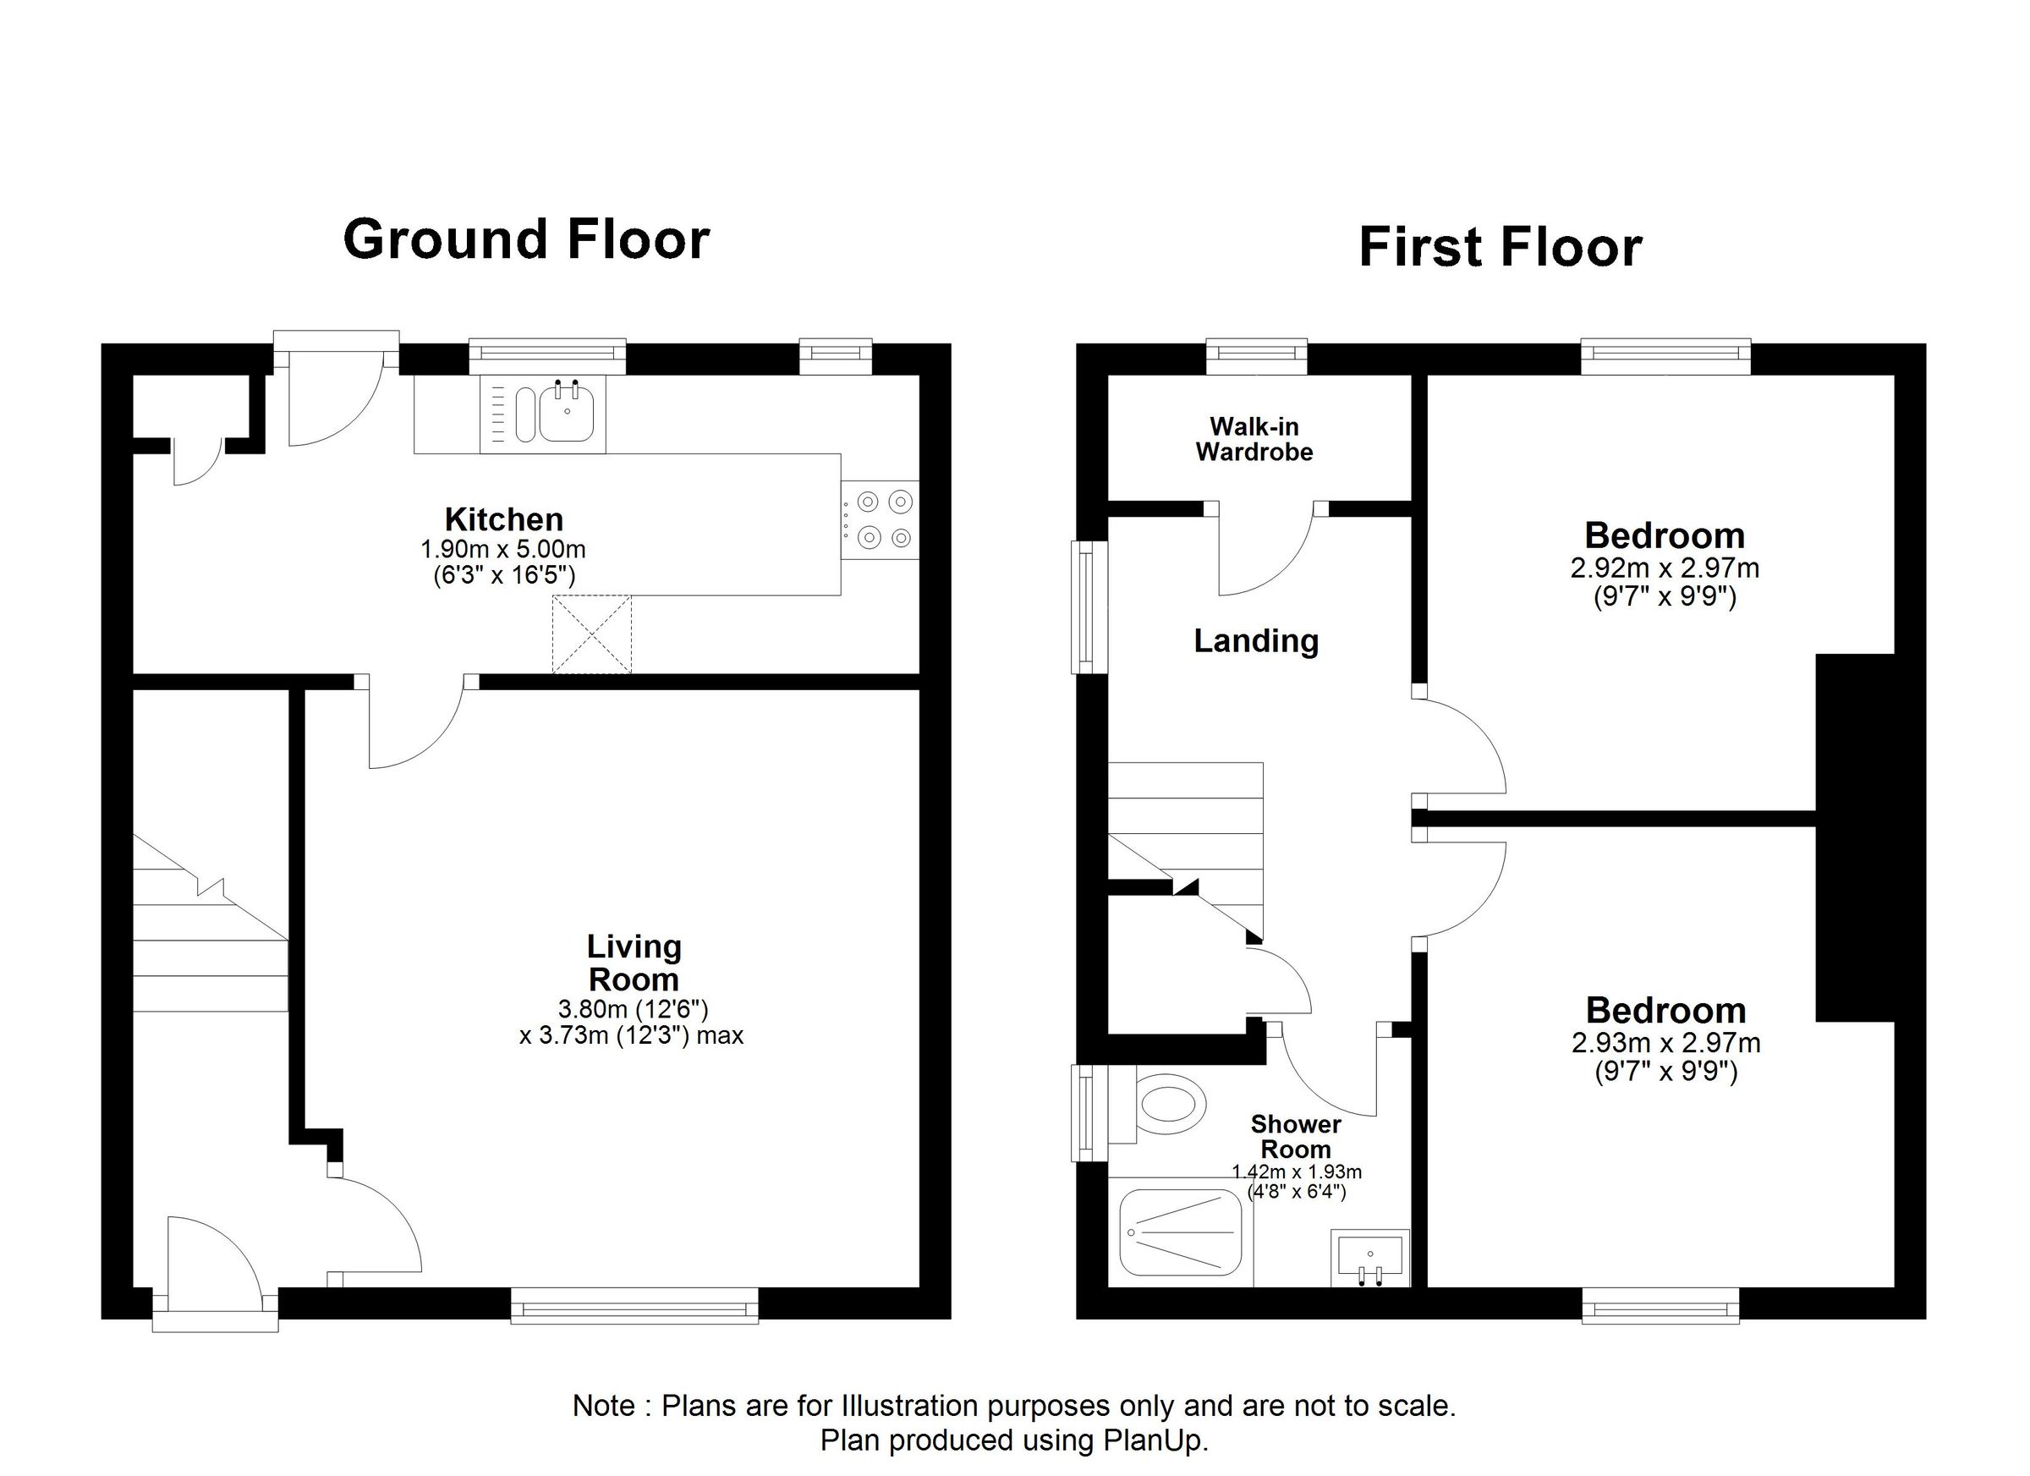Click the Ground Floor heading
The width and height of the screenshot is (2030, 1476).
[526, 240]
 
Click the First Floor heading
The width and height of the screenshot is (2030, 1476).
[1501, 248]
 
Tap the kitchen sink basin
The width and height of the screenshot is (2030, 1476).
[566, 414]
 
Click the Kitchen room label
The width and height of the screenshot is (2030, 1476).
[504, 519]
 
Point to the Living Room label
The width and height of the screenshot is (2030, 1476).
[633, 963]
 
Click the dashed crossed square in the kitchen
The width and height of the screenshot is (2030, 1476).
[591, 634]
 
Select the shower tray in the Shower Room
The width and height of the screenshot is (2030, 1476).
[1181, 1232]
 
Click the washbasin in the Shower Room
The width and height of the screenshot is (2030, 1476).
[1370, 1257]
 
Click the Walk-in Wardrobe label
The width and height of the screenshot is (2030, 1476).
[1254, 440]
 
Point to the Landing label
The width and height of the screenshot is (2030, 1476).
[1256, 641]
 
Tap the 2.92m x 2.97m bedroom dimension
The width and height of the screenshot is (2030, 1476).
[1665, 568]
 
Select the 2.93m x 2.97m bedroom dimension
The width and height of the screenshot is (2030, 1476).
[1665, 1043]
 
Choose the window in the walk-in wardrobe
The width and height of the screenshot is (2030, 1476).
[1256, 356]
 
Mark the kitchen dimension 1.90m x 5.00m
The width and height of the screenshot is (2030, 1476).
[503, 549]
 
